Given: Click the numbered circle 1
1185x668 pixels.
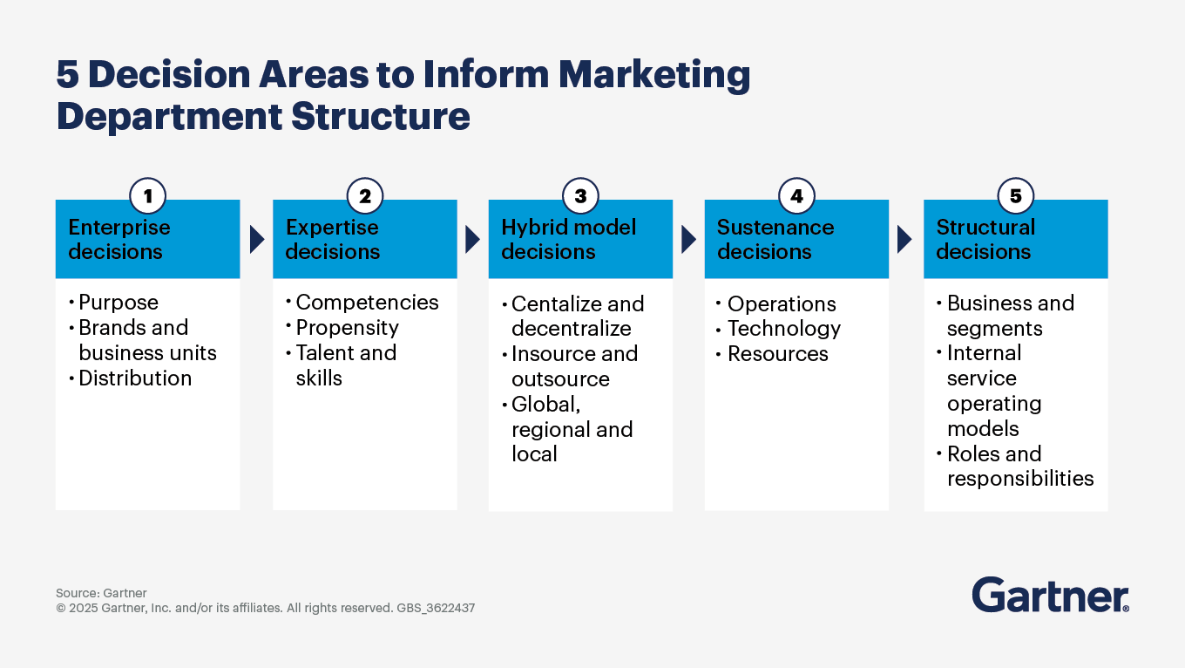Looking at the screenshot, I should pos(148,196).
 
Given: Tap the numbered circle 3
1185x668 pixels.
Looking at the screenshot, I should pos(580,196).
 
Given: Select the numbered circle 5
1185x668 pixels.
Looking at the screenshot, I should pos(1015,196).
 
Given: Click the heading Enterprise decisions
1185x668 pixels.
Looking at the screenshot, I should pos(119,239).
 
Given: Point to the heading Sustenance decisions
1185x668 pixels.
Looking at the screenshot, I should pos(775,239).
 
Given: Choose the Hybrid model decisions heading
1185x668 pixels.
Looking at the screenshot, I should pos(568,239).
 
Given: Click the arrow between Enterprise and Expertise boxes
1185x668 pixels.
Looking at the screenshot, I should pos(256,240).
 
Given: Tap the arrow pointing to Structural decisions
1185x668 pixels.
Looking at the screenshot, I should pos(904,240).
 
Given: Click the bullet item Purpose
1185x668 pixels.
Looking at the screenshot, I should pos(118,303).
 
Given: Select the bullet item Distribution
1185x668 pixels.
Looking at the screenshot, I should pos(135,378).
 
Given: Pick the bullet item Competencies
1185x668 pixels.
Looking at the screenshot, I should pos(367,303).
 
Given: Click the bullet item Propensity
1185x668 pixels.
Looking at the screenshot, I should pos(347,328).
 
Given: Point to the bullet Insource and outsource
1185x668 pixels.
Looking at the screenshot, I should pos(573,366).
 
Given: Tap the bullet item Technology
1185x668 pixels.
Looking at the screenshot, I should pos(783,329).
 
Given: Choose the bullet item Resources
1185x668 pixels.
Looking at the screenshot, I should pos(777,354).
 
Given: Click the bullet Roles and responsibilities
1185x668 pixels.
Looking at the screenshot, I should pos(1019,467).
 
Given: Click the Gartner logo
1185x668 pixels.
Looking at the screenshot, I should pos(1050,596).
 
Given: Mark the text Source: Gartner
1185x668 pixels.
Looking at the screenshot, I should pos(101,593).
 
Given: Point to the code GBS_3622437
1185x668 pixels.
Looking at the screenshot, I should pos(436,608).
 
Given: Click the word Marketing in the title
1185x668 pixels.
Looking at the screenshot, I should pos(653,76).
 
